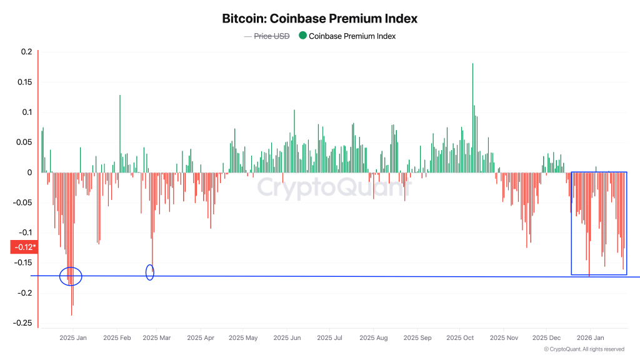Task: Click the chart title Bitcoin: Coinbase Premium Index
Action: click(319, 19)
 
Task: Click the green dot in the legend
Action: click(302, 36)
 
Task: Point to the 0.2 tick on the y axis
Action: click(26, 52)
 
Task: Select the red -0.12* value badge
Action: click(25, 247)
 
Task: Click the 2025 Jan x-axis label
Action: click(73, 337)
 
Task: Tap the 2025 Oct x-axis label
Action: click(459, 337)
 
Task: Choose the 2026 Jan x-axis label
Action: click(589, 337)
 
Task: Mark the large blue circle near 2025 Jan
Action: click(71, 276)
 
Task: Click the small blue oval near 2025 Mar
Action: click(150, 272)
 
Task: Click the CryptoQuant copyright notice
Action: click(584, 349)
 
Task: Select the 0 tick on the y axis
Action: click(29, 172)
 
